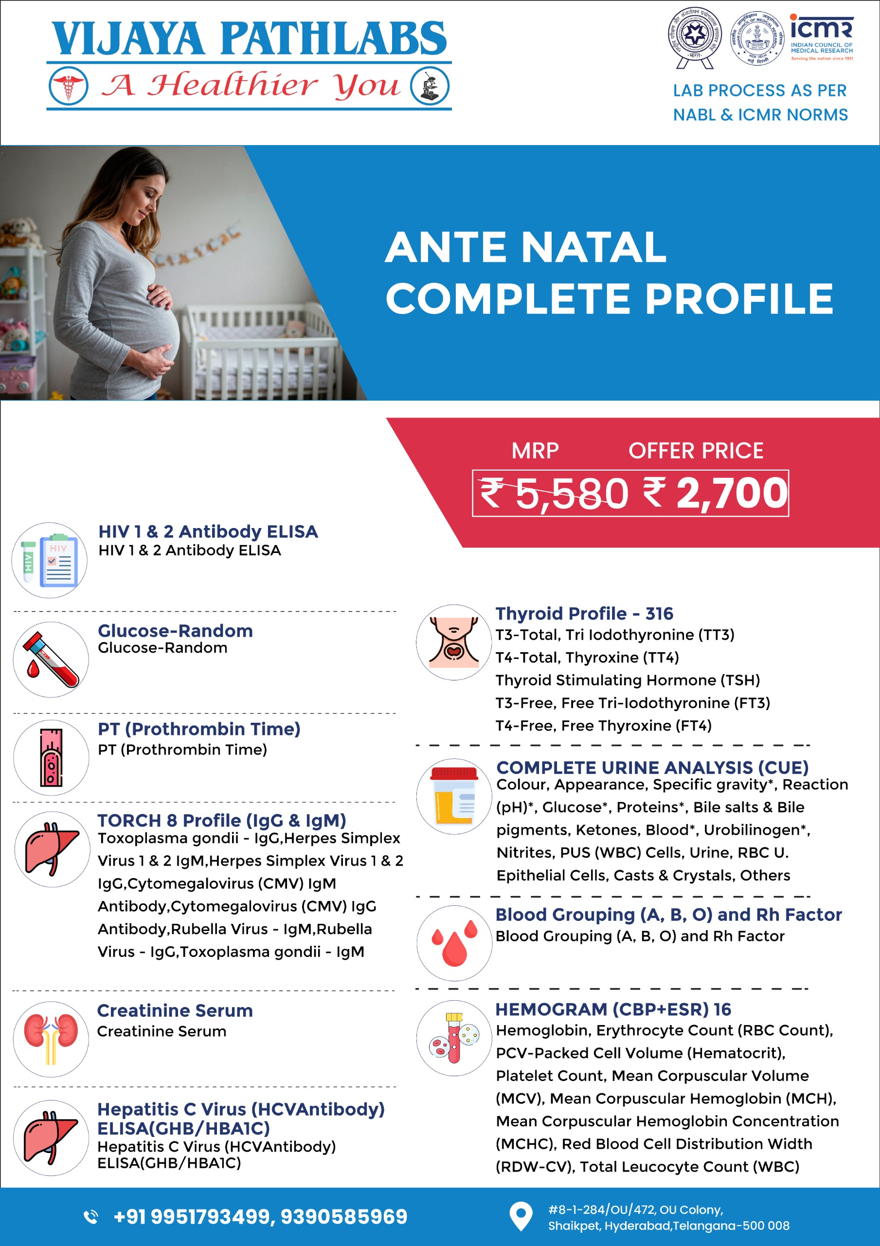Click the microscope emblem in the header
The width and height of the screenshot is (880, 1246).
click(430, 86)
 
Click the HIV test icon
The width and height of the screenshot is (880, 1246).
click(49, 560)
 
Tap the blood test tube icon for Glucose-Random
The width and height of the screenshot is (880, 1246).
click(51, 660)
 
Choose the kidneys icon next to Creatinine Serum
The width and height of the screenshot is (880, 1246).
click(51, 1039)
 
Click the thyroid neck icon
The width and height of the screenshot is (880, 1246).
click(454, 642)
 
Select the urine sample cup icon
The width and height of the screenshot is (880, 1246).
click(454, 796)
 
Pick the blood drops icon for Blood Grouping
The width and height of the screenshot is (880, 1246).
click(454, 943)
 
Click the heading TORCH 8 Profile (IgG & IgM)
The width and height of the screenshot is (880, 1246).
click(221, 820)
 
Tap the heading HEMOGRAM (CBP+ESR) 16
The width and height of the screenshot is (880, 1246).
click(613, 1009)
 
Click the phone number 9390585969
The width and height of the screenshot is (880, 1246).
click(344, 1217)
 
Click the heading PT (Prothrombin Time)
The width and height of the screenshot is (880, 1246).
click(198, 729)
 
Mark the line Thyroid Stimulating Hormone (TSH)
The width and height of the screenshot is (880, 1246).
click(627, 680)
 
